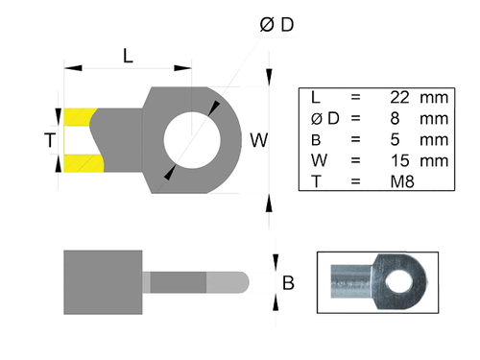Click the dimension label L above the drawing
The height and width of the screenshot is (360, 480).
pyautogui.click(x=128, y=55)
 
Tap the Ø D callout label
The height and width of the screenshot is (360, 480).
pyautogui.click(x=276, y=25)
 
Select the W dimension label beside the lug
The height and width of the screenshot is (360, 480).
pyautogui.click(x=258, y=140)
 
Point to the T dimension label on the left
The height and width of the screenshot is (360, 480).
pyautogui.click(x=50, y=140)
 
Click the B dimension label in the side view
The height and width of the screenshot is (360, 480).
pyautogui.click(x=287, y=282)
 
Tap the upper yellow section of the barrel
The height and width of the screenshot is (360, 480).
pyautogui.click(x=79, y=118)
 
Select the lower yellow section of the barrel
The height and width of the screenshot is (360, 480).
pyautogui.click(x=82, y=162)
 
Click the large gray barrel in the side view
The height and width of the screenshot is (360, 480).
pyautogui.click(x=103, y=282)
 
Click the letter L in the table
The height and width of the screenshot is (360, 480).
pyautogui.click(x=316, y=98)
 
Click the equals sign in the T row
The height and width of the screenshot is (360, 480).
pyautogui.click(x=355, y=180)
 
